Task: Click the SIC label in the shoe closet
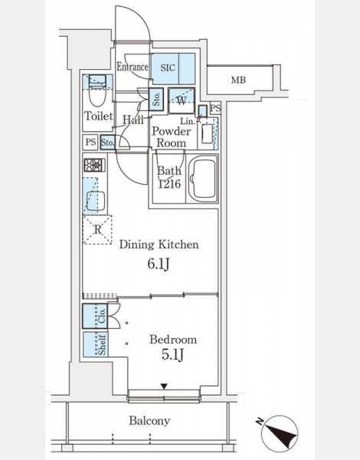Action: (x=168, y=68)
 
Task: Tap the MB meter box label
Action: (x=238, y=80)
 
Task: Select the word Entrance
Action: (x=133, y=67)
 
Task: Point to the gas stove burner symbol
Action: (x=94, y=165)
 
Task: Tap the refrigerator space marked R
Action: (x=97, y=230)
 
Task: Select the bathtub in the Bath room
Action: (x=202, y=179)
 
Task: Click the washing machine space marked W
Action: (x=182, y=100)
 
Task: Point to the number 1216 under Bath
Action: (x=169, y=184)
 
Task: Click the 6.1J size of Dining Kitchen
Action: (x=159, y=264)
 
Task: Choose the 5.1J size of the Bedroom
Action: (x=172, y=355)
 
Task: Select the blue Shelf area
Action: (x=95, y=344)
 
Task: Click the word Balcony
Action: (x=150, y=421)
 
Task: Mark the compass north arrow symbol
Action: (x=280, y=433)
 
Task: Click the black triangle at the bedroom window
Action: (x=164, y=386)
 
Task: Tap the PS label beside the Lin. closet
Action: (x=215, y=108)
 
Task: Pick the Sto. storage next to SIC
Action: (x=156, y=99)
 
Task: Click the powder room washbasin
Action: (x=207, y=133)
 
